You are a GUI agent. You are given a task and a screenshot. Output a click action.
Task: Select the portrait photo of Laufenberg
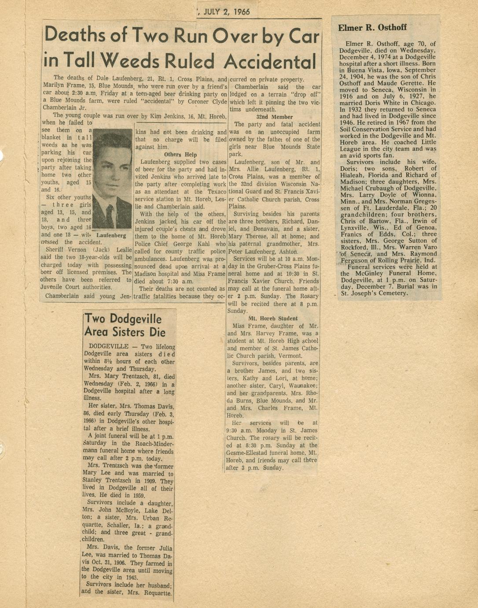coord(113,178)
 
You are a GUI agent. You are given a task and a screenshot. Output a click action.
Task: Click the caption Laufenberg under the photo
coord(111,235)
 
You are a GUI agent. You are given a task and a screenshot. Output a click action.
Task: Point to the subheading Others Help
coord(180,155)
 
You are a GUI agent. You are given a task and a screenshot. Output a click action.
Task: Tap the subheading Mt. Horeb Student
coord(273,318)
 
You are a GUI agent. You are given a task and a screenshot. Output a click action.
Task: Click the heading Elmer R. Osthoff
coord(372,28)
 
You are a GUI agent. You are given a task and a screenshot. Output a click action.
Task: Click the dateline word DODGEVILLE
coord(108,347)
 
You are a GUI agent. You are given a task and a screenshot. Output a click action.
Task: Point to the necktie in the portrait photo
coord(110,215)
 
